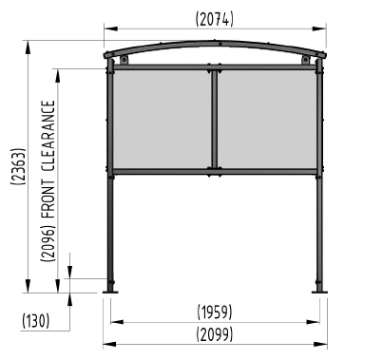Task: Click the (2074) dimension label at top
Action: (215, 19)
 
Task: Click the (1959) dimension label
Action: (216, 312)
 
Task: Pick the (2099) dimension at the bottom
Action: (216, 334)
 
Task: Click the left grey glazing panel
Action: (162, 119)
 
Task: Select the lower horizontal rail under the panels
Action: (215, 172)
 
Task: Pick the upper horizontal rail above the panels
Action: (215, 67)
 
